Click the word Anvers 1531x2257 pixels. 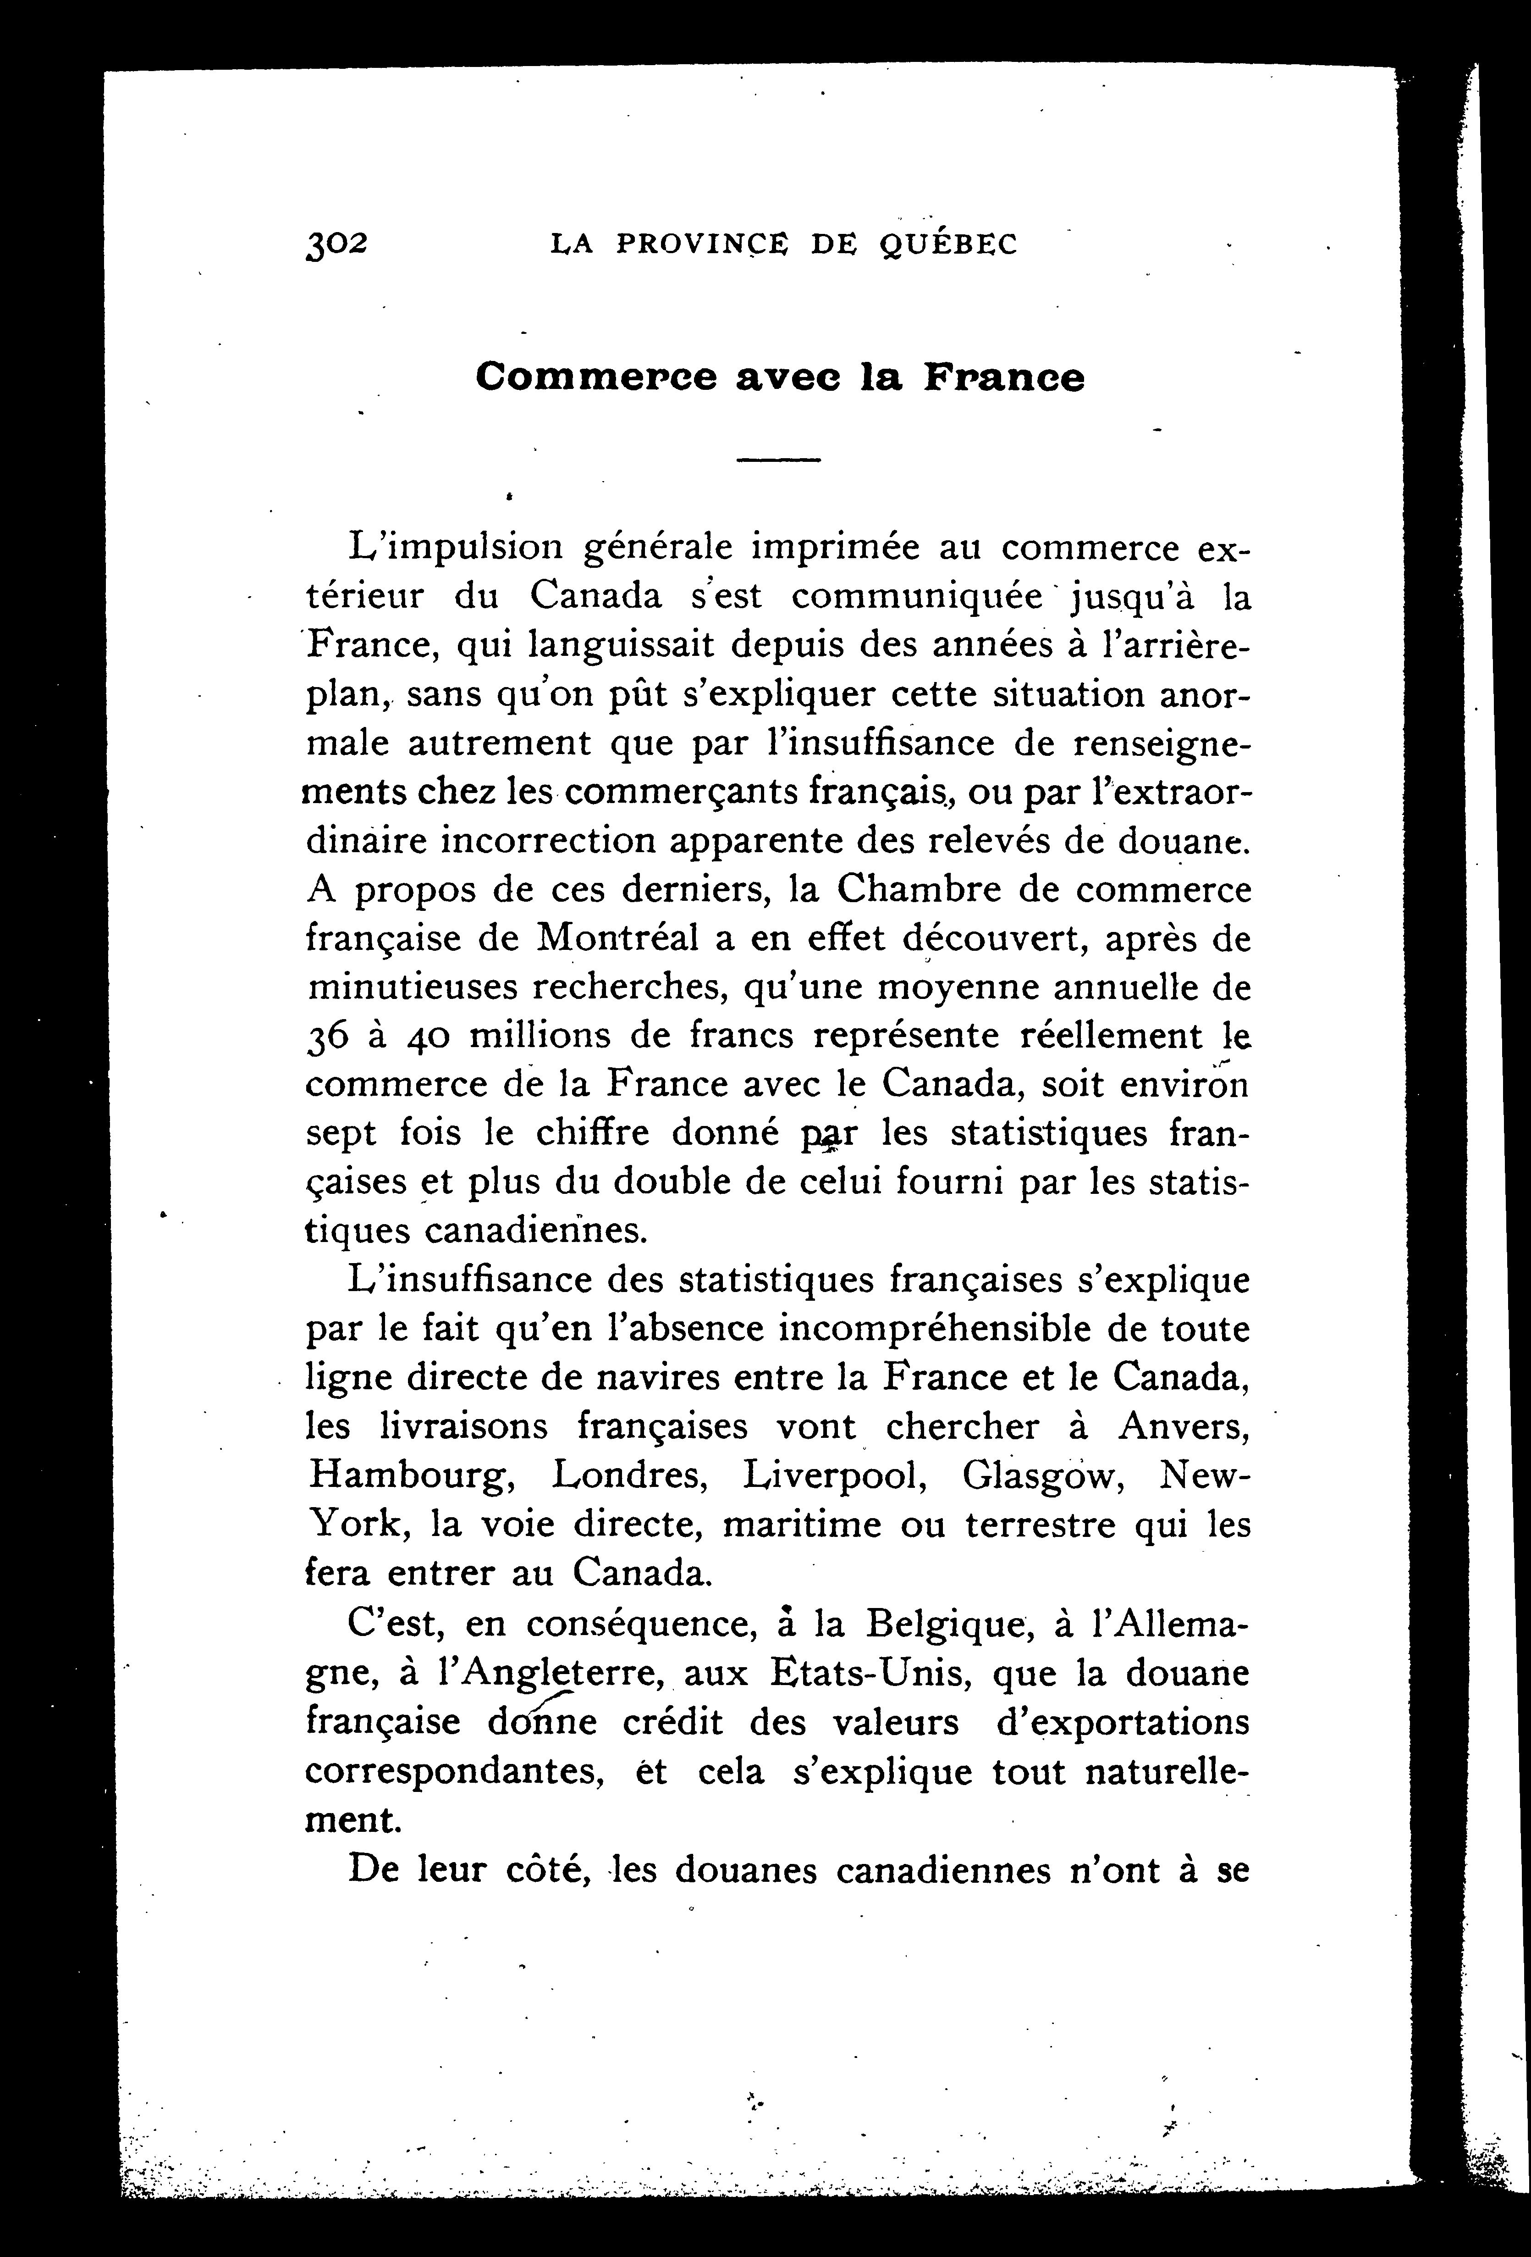click(1184, 1427)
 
